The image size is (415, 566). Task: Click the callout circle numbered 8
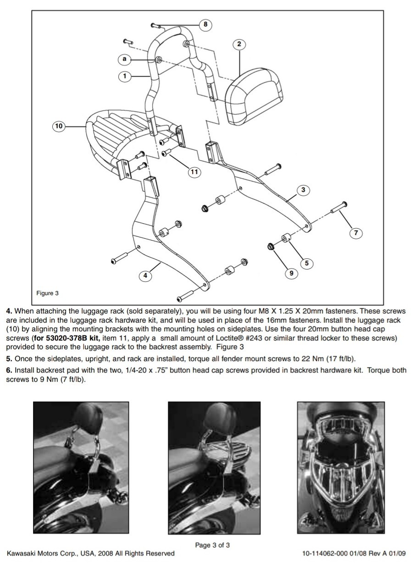pyautogui.click(x=205, y=24)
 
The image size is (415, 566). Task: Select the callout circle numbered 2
pyautogui.click(x=239, y=44)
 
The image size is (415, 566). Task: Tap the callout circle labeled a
pyautogui.click(x=124, y=59)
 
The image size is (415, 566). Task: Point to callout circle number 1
pyautogui.click(x=125, y=76)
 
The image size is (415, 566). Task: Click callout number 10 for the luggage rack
pyautogui.click(x=59, y=126)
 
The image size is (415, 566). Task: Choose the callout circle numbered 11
pyautogui.click(x=194, y=172)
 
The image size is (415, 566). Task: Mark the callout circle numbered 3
pyautogui.click(x=303, y=190)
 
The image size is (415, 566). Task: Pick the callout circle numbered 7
pyautogui.click(x=356, y=233)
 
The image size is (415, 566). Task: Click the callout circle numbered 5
pyautogui.click(x=307, y=263)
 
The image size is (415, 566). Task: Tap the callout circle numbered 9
pyautogui.click(x=291, y=273)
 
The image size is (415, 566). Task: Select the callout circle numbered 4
pyautogui.click(x=145, y=275)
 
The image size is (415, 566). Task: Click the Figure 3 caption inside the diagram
pyautogui.click(x=48, y=293)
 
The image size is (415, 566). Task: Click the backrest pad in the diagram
pyautogui.click(x=254, y=97)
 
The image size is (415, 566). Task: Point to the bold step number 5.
pyautogui.click(x=9, y=358)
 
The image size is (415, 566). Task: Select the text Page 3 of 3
pyautogui.click(x=212, y=545)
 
